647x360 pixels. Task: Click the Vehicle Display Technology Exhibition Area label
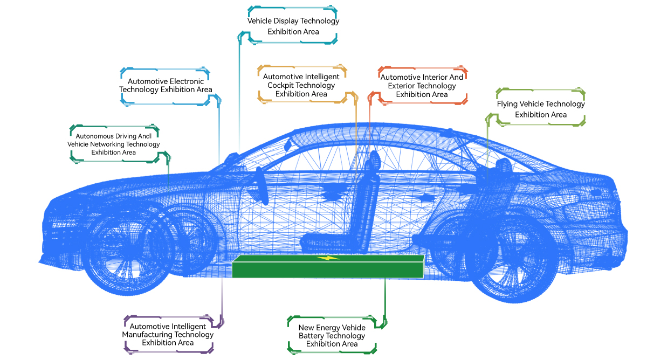(293, 26)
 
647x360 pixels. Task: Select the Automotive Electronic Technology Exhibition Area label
(166, 85)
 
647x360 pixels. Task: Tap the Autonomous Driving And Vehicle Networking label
(113, 144)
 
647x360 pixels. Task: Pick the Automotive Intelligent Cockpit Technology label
(301, 85)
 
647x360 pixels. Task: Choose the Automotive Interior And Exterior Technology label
(422, 86)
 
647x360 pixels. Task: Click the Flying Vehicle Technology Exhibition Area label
(540, 109)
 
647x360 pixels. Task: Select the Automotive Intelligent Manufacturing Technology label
(168, 335)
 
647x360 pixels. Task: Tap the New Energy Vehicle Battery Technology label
(332, 336)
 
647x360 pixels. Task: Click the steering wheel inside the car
(261, 186)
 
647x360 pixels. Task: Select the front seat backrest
(367, 199)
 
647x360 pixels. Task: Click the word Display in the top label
(286, 22)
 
